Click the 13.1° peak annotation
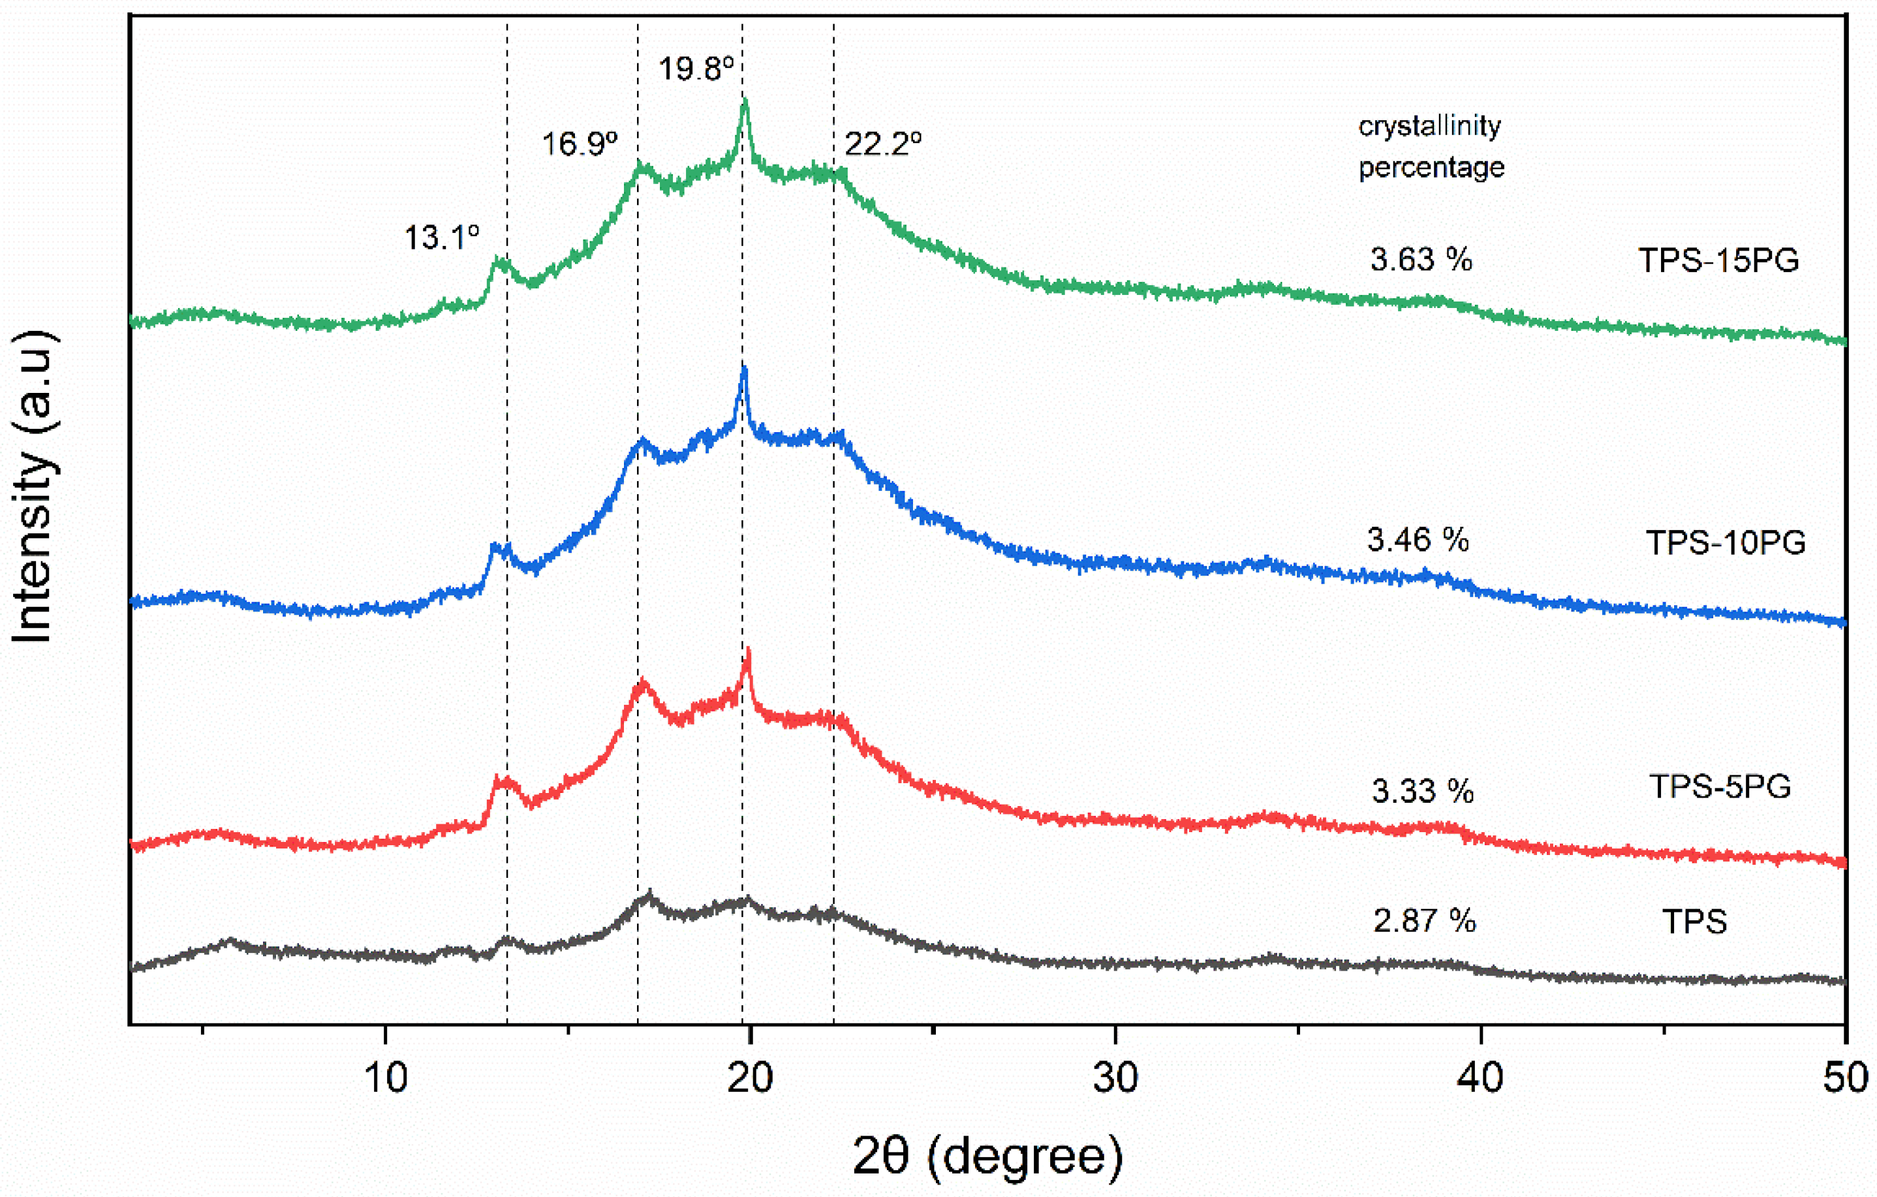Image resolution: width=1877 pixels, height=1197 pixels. coord(441,237)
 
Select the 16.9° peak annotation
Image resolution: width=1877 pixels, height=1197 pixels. coord(579,144)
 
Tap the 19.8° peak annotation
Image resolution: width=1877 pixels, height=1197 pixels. coord(696,69)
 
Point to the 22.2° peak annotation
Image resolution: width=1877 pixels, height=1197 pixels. coord(883,144)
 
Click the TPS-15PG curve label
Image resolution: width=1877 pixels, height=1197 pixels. coord(1718,260)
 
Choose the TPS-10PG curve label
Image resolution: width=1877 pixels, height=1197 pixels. coord(1726,542)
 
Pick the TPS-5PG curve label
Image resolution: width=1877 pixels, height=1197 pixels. coord(1720,787)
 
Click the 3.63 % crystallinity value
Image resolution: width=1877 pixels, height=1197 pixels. coord(1421,260)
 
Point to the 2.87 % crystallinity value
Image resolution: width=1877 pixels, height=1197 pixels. coord(1424,921)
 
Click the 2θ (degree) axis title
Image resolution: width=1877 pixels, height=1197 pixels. coord(987,1157)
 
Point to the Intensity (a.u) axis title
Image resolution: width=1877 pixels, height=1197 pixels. coord(33,486)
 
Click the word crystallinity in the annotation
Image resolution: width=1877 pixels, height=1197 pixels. coord(1429,126)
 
